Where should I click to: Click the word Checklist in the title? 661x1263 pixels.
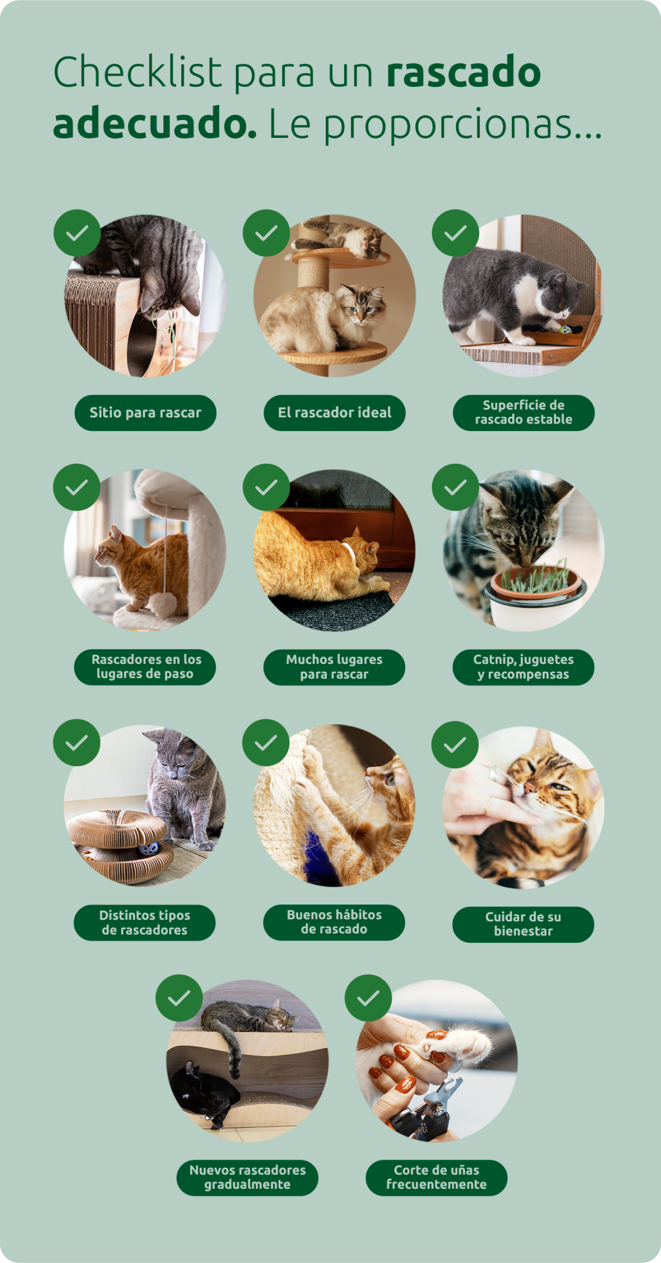click(x=138, y=72)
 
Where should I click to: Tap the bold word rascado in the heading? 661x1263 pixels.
click(x=463, y=72)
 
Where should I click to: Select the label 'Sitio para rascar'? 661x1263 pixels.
click(x=145, y=413)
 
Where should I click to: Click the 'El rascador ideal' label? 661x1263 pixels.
click(x=334, y=413)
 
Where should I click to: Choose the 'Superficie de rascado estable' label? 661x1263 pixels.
click(x=524, y=413)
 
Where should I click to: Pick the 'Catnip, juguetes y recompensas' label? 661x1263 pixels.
click(x=523, y=667)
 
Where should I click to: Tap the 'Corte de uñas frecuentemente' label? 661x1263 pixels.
click(x=436, y=1177)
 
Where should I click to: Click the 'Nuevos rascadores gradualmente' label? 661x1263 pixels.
click(x=247, y=1177)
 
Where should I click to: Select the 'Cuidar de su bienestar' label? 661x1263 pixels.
click(x=523, y=924)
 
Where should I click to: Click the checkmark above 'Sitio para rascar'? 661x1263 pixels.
click(x=77, y=233)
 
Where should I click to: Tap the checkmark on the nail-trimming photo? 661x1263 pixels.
click(x=368, y=998)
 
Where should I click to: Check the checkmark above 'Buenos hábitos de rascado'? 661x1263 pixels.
click(x=266, y=742)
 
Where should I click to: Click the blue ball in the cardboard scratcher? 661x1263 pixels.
click(x=149, y=848)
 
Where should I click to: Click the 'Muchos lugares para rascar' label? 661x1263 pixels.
click(x=334, y=667)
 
